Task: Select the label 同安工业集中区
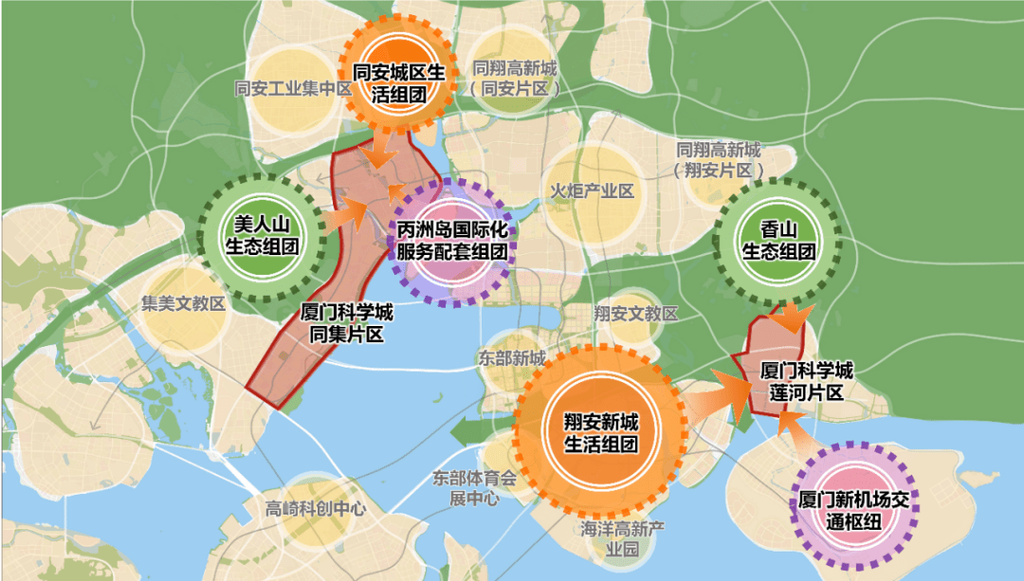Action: pos(293,89)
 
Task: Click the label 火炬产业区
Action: pos(592,191)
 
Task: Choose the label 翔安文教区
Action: pos(635,313)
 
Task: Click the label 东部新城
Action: pos(512,359)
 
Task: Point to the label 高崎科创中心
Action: pos(316,508)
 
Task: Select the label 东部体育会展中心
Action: pos(474,488)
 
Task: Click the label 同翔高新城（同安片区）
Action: pos(516,78)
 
